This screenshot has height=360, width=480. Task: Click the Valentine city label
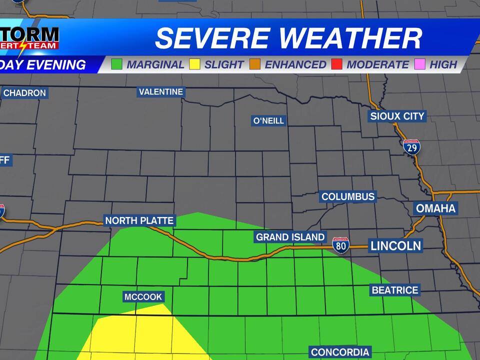coord(161,92)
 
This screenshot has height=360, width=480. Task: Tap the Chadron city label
coord(24,93)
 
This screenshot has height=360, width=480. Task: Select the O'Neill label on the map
coord(268,120)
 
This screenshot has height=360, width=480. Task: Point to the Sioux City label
coord(397,116)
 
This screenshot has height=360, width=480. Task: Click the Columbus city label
coord(348,196)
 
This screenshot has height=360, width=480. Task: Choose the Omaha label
coord(436,208)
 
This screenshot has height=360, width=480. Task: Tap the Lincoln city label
coord(395,245)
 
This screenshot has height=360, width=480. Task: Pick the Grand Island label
coord(290,237)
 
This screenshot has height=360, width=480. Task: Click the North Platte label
coord(139,220)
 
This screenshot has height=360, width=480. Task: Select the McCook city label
coord(143,297)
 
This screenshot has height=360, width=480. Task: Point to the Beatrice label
coord(394,290)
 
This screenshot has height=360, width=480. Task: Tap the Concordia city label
coord(340,352)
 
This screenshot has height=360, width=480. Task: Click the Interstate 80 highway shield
coord(341,245)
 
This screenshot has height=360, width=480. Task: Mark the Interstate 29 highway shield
coord(411,146)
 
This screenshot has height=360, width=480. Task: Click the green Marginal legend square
coord(117,64)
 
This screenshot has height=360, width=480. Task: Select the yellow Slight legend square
coord(195,64)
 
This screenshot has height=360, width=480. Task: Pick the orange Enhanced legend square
coord(255,64)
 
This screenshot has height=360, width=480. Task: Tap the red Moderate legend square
coord(337,64)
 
